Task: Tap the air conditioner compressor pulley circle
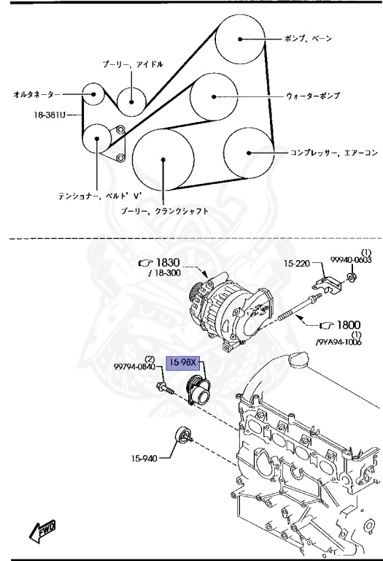(249, 153)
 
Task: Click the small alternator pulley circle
(92, 94)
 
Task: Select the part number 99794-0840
(134, 369)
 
